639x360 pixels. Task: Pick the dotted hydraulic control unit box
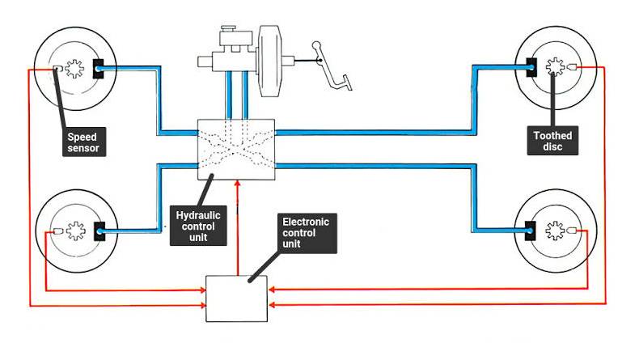point(236,149)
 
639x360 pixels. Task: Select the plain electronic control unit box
point(236,299)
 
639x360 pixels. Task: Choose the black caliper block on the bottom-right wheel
point(531,231)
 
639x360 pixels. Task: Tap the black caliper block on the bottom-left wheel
point(100,232)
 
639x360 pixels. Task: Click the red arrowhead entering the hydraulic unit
point(236,184)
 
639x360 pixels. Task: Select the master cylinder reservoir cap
point(227,35)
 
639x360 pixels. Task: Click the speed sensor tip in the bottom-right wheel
point(572,231)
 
